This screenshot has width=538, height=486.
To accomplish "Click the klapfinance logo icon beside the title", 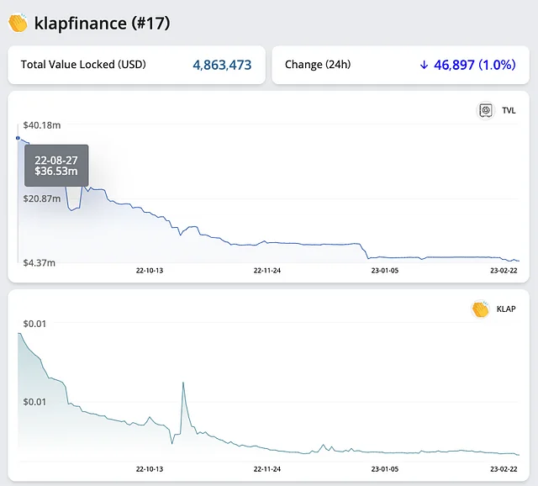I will coord(18,23).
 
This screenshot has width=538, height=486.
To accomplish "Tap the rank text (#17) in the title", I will coord(150,24).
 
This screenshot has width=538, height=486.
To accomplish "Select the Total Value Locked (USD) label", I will coord(83,65).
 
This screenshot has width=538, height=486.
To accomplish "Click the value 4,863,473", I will coord(222,65).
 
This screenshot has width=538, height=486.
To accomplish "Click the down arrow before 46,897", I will coord(424,65).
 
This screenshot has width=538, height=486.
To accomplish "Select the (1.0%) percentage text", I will coord(497,65).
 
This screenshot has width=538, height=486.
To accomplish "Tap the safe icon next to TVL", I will coord(486,110).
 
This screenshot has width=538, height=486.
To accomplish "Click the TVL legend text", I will coord(509,110).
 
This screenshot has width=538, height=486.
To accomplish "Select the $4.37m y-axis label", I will coord(40,263).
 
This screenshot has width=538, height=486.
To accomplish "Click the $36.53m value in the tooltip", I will coord(56,172).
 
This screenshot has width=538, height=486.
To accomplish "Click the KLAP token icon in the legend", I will coord(480,309).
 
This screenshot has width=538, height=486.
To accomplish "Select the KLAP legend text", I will coord(506,309).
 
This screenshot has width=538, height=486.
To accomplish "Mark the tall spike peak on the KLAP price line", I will coord(182,383).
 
